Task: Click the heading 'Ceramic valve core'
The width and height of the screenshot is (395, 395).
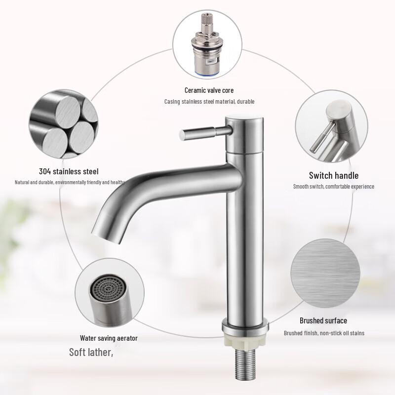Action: point(209,90)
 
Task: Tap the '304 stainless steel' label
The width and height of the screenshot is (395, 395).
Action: point(69,172)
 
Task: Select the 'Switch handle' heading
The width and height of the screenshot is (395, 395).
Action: point(334,175)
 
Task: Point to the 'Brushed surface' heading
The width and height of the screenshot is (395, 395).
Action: point(323,321)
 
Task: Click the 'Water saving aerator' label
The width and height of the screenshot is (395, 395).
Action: point(109,338)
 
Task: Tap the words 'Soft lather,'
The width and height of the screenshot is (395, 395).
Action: point(91,353)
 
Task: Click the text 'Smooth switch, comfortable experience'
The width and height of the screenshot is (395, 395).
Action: point(334,187)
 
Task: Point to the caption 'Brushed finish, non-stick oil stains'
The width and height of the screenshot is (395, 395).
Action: point(324,333)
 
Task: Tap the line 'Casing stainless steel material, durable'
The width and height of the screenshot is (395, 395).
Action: point(209,102)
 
